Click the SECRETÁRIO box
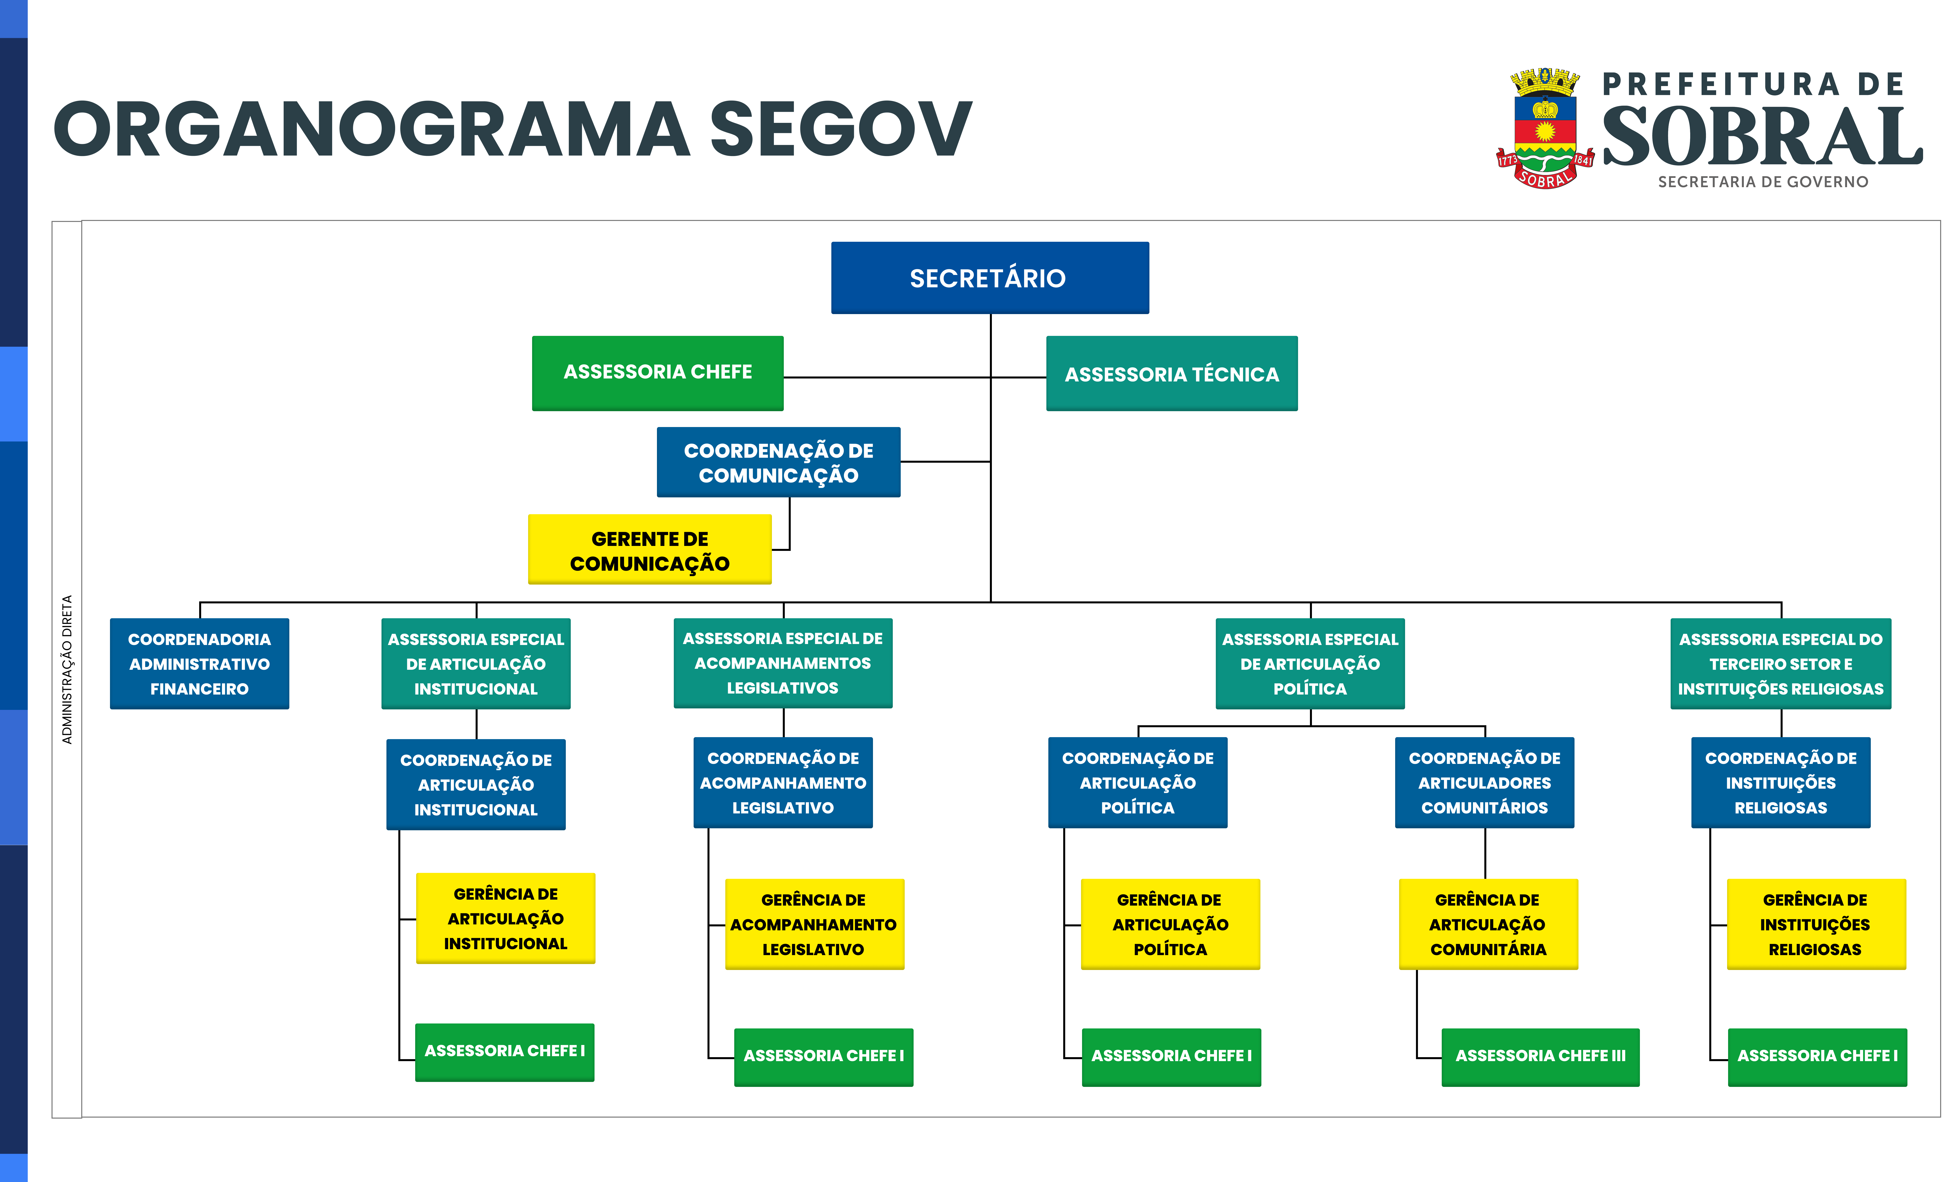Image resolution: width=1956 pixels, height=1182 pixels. tap(990, 278)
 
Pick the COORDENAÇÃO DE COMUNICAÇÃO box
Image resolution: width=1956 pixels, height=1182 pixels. tap(779, 462)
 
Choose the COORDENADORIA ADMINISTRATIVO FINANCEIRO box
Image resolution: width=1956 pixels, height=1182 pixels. tap(199, 664)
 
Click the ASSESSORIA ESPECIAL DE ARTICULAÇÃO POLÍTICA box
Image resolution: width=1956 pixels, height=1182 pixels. tap(1310, 664)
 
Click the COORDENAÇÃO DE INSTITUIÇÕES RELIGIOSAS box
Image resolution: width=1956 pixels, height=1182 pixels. tap(1781, 783)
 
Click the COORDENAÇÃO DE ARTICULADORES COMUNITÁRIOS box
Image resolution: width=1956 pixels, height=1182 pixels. tap(1484, 783)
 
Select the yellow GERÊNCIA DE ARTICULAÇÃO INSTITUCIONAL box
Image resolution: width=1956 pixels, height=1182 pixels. tap(506, 918)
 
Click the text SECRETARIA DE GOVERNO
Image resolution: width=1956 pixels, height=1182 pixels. tap(1763, 182)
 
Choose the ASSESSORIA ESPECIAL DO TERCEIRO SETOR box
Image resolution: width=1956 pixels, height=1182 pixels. tap(1781, 664)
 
